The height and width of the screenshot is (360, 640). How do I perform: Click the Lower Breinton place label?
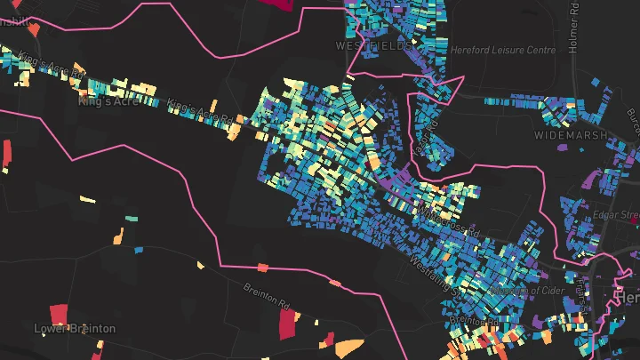coord(75,329)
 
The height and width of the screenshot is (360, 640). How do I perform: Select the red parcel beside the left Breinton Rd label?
coord(292,326)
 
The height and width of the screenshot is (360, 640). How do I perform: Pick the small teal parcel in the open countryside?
coord(132,217)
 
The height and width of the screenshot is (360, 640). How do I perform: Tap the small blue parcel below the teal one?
coord(138,250)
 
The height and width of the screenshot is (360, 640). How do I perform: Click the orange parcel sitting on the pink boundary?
coord(262,267)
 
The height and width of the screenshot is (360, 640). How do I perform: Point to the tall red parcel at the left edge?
coord(7,154)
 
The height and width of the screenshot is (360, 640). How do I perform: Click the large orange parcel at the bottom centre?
coord(349,348)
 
